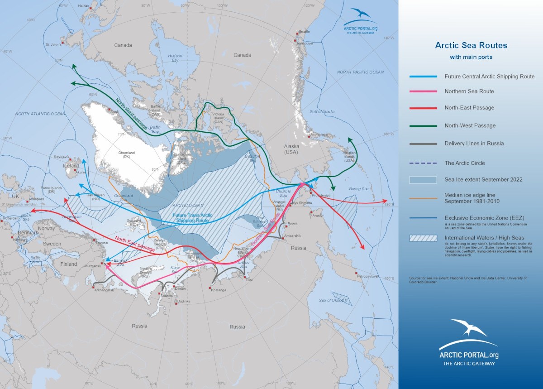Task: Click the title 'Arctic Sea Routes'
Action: [x=471, y=45]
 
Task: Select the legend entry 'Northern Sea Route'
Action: [x=469, y=91]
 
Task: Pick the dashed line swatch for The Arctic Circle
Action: [x=423, y=163]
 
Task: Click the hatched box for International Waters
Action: [x=423, y=238]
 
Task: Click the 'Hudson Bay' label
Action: [x=175, y=58]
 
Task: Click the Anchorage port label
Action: [x=319, y=134]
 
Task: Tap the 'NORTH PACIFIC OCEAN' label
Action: [x=360, y=72]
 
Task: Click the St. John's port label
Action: [x=53, y=45]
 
